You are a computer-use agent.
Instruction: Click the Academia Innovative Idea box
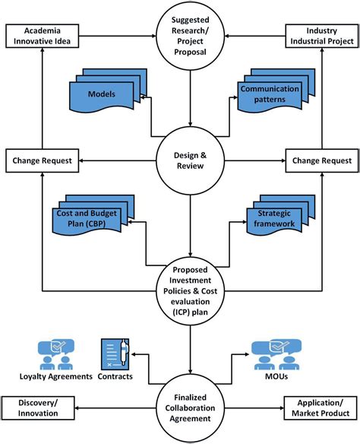point(42,36)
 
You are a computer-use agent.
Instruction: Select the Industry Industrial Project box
point(322,36)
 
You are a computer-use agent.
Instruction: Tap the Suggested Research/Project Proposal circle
point(190,36)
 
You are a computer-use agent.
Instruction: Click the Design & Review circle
point(190,160)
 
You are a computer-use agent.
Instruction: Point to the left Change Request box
point(42,160)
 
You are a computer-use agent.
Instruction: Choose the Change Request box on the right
point(322,160)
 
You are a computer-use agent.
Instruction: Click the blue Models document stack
point(108,90)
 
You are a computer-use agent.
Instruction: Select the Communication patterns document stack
point(276,90)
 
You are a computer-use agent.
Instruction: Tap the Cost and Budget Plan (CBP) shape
point(93,215)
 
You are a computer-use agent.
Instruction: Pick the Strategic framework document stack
point(280,215)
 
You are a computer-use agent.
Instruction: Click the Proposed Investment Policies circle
point(190,291)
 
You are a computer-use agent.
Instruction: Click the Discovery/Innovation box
point(38,408)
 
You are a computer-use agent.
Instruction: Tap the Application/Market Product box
point(321,408)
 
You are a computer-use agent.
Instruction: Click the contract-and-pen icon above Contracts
point(115,354)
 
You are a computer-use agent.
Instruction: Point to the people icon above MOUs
point(276,355)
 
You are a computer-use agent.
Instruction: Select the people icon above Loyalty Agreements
point(56,354)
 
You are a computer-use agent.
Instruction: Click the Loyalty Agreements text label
point(56,376)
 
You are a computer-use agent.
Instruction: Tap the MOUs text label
point(276,376)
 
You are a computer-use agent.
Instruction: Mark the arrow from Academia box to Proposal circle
point(118,36)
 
